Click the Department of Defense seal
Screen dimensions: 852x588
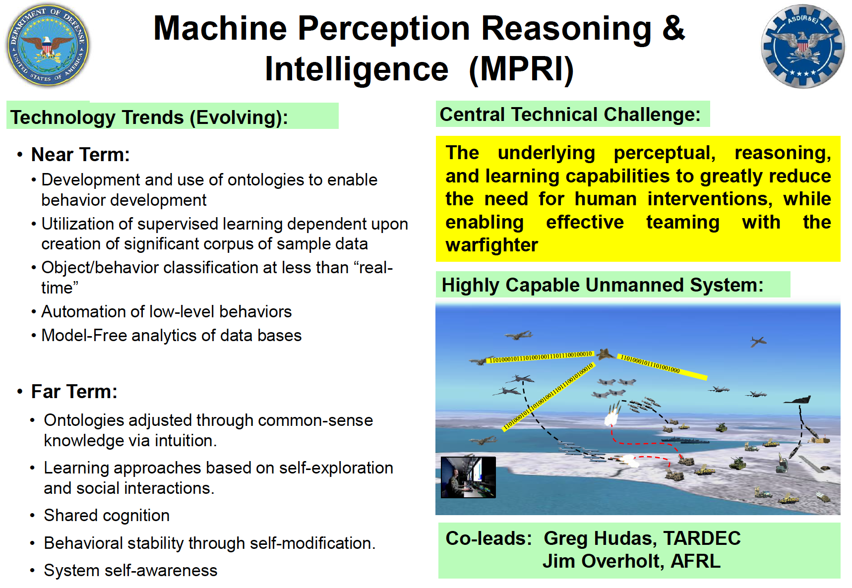coord(48,46)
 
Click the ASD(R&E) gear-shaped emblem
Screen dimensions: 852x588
coord(802,47)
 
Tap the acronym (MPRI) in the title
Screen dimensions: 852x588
coord(521,69)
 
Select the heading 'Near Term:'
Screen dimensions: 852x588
coord(80,155)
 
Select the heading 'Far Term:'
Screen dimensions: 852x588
coord(74,392)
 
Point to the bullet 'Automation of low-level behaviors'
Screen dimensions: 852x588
coord(167,311)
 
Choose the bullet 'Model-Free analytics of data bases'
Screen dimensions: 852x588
coord(172,335)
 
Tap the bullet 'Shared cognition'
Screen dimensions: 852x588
coord(107,516)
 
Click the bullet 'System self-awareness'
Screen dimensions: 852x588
coord(130,571)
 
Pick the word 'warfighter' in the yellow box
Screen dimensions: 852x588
coord(491,245)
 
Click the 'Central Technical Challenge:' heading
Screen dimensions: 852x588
coord(570,115)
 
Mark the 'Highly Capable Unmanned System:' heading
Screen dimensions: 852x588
coord(603,285)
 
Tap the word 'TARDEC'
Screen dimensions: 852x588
coord(702,538)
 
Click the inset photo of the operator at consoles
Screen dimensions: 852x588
coord(468,477)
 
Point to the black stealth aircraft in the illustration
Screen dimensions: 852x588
coord(797,400)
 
